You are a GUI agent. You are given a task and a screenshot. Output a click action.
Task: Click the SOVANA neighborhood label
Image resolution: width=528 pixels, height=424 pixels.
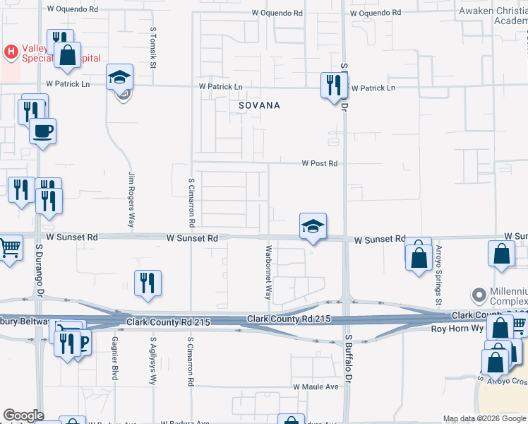click(259, 105)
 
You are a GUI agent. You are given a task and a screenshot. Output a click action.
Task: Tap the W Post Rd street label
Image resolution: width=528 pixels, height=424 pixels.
click(320, 163)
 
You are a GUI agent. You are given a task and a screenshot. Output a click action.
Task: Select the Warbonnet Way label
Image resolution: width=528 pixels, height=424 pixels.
click(268, 271)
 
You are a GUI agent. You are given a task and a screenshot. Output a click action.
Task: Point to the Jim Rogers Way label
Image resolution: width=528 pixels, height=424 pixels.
click(131, 199)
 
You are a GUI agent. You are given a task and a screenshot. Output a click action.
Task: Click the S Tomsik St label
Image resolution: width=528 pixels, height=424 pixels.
click(152, 47)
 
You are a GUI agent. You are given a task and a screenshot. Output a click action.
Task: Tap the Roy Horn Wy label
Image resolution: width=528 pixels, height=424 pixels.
click(457, 329)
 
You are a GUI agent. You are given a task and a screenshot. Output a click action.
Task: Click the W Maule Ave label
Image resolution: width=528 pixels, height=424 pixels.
click(316, 387)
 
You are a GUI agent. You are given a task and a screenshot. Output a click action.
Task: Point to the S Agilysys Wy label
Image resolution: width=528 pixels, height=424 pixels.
click(152, 358)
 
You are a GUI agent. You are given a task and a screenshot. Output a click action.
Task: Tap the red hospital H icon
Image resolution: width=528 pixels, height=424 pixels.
click(11, 51)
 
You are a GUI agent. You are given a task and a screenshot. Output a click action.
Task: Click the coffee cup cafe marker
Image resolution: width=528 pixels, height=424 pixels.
click(42, 131)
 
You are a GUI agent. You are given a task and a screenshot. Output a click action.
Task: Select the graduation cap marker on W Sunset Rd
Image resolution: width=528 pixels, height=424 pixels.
click(313, 226)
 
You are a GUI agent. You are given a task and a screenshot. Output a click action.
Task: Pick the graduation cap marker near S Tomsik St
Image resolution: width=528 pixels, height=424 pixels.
click(120, 76)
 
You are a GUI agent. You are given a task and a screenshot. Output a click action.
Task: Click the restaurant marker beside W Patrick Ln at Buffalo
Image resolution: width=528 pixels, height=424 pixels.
click(331, 85)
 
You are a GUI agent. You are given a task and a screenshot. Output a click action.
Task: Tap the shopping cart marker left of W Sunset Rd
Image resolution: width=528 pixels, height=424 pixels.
click(9, 248)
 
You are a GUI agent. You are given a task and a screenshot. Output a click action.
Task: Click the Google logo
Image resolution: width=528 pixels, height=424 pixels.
click(23, 416)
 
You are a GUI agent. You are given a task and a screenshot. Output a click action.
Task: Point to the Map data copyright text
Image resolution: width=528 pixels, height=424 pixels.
click(484, 418)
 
